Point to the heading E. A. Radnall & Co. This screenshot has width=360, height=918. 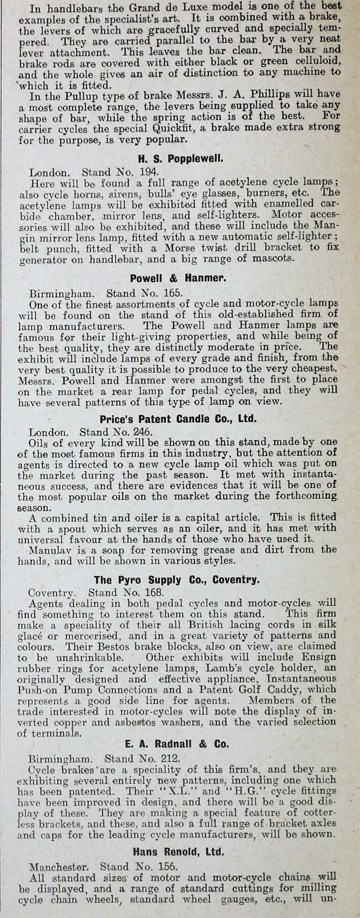click(178, 744)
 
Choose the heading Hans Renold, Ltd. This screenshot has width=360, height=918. click(178, 838)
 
